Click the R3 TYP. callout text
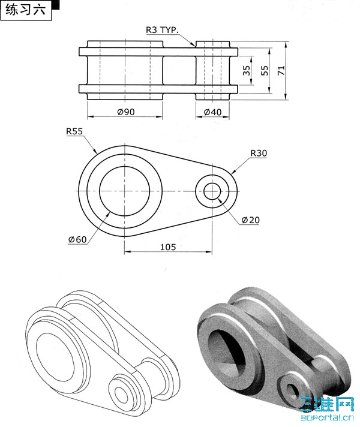(x=162, y=29)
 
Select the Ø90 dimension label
(x=126, y=112)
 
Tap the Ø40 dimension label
(x=212, y=112)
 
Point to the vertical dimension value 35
(x=246, y=71)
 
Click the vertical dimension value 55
(x=265, y=71)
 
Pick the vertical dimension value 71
(x=281, y=71)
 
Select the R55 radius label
(x=74, y=131)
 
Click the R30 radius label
(x=259, y=153)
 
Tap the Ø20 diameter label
(x=251, y=219)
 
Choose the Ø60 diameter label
(x=77, y=239)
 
